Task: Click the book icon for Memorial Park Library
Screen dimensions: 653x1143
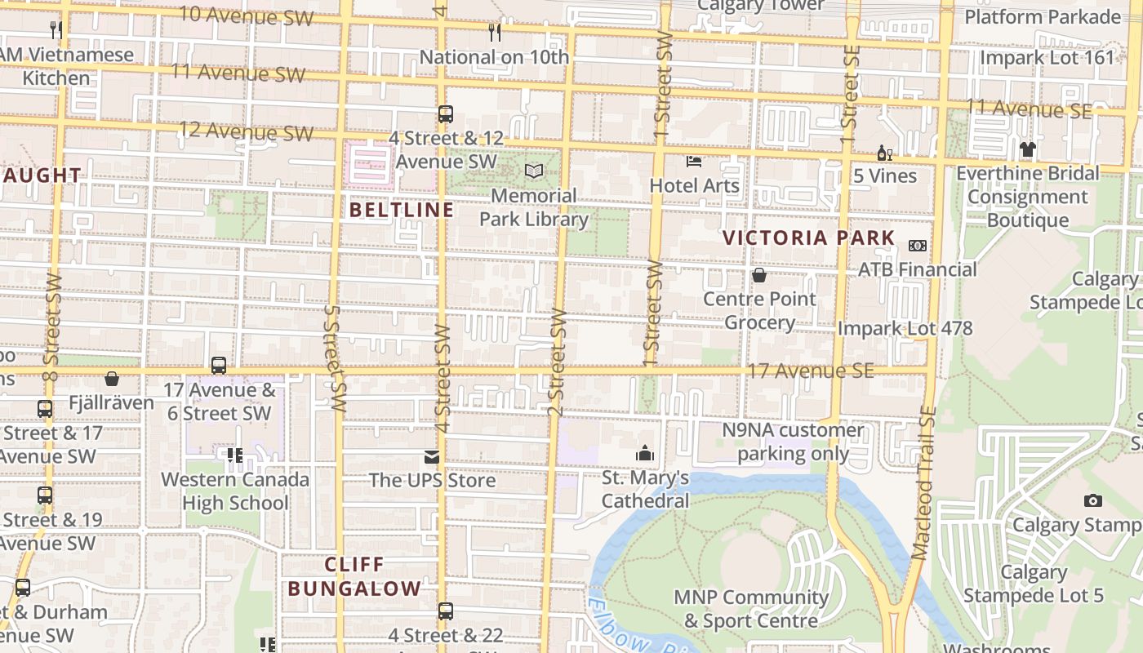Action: tap(534, 171)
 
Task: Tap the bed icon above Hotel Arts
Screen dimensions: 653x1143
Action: tap(694, 161)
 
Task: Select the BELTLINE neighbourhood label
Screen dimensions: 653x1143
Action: tap(402, 210)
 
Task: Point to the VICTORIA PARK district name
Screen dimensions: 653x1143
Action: tap(809, 238)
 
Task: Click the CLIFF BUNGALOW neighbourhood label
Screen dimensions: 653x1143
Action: tap(354, 576)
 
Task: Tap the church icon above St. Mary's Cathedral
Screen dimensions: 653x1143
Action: tap(645, 453)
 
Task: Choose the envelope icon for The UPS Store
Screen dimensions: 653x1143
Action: tap(431, 457)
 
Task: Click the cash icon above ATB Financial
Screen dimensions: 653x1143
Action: tap(917, 246)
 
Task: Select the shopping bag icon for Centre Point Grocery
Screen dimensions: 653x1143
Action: tap(759, 275)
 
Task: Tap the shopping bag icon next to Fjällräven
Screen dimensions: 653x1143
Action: tap(112, 379)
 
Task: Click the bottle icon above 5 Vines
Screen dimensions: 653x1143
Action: tap(883, 153)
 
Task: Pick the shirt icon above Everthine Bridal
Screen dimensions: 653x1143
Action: tap(1027, 149)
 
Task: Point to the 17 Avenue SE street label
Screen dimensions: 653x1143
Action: tap(810, 371)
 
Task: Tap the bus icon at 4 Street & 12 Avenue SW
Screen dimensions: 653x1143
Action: tap(445, 114)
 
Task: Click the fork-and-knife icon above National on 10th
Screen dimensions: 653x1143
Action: tap(495, 33)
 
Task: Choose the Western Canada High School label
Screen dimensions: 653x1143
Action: tap(235, 491)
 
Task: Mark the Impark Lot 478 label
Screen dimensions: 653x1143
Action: tap(905, 328)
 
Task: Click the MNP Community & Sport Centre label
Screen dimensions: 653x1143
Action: tap(750, 609)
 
